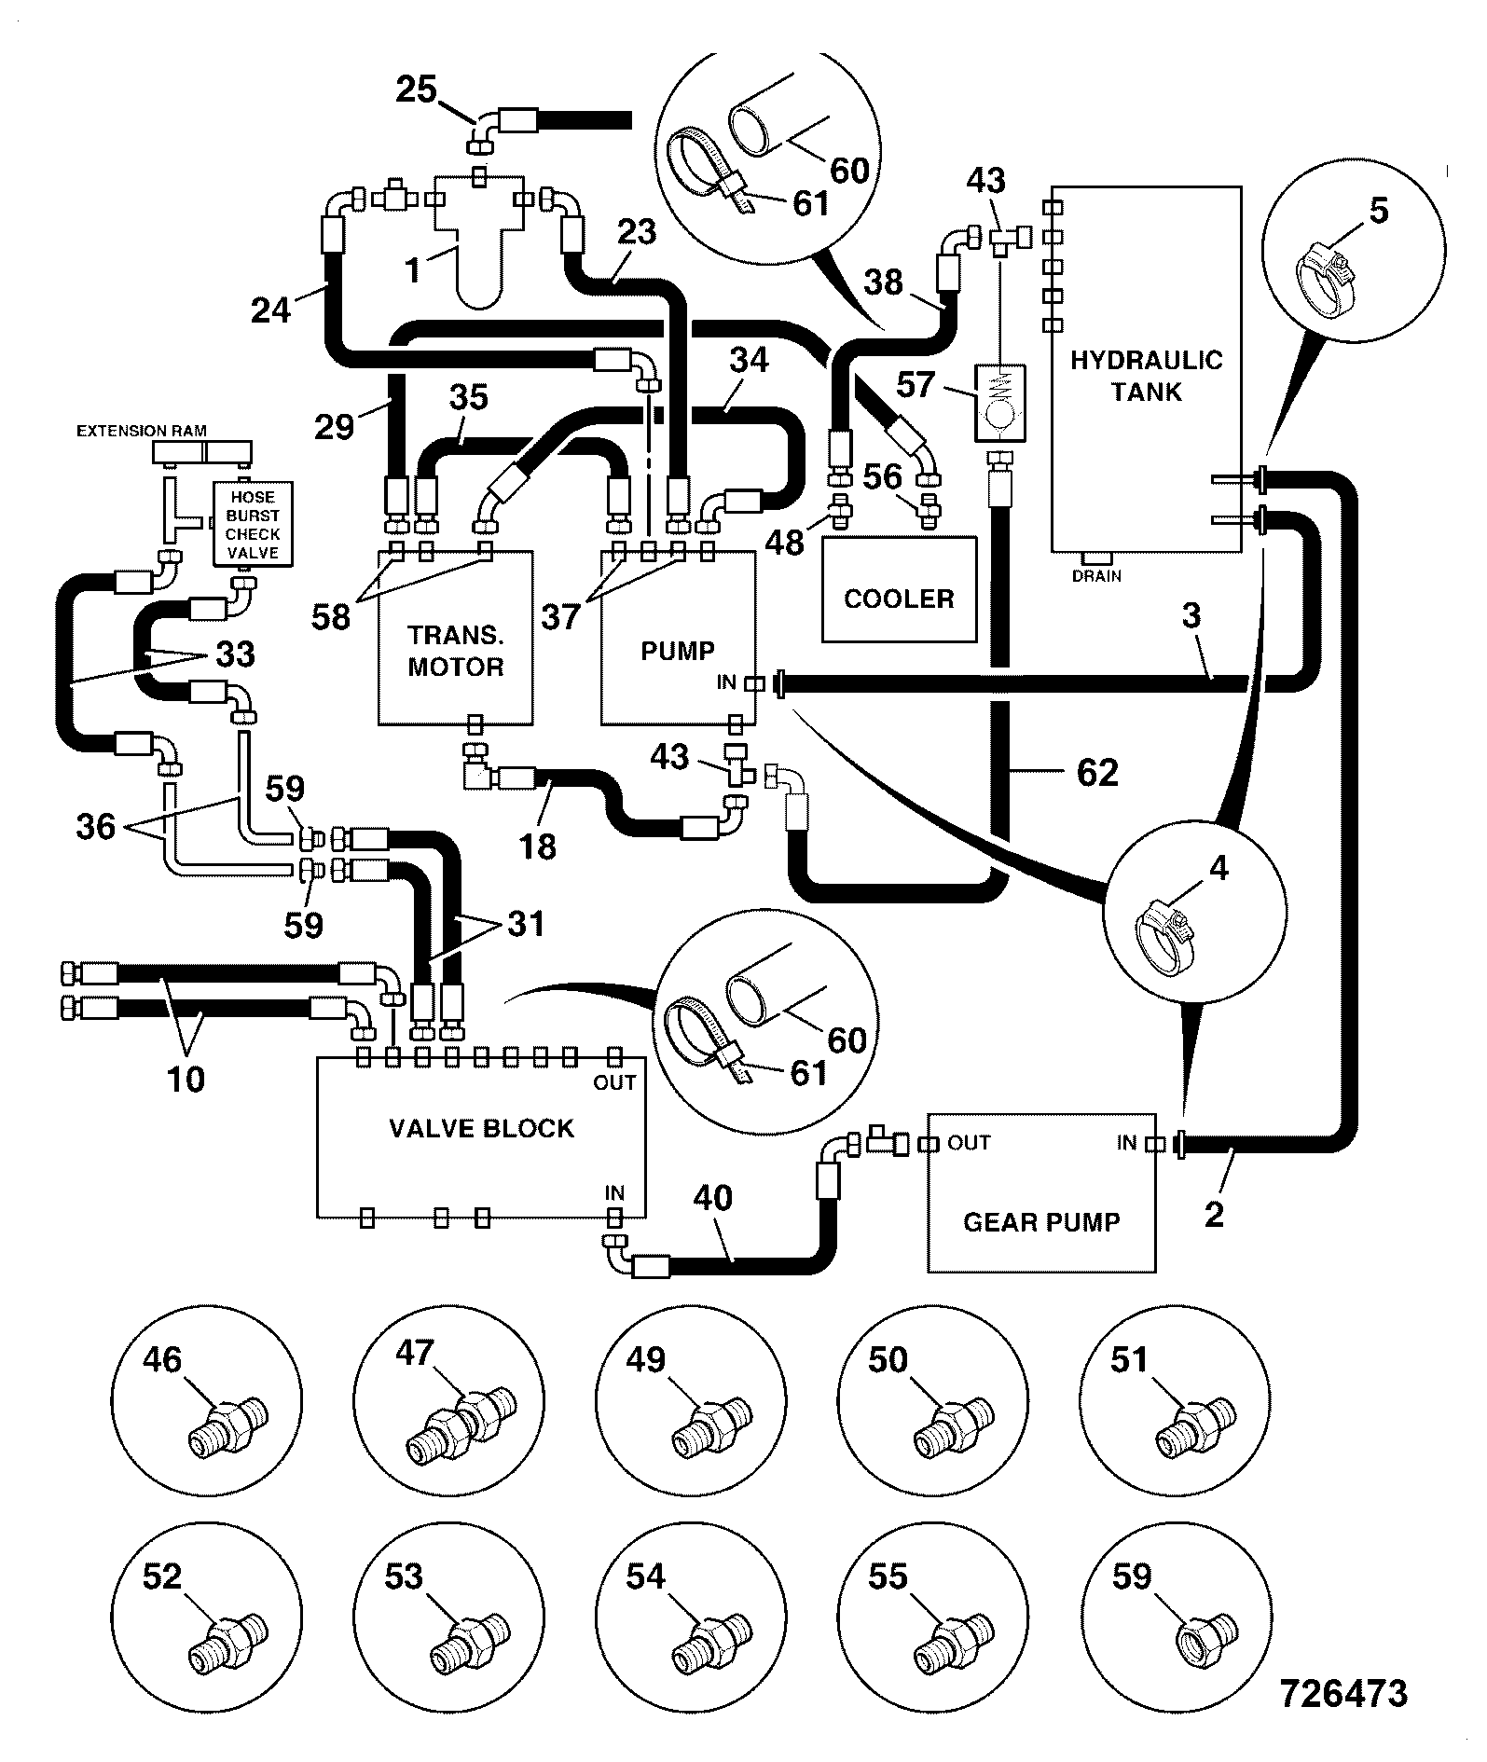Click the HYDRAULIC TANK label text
click(1146, 376)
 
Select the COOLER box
click(899, 589)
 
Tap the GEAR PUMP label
click(1041, 1221)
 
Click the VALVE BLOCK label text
click(481, 1128)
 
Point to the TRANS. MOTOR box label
click(456, 651)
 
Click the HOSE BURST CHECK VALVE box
click(253, 524)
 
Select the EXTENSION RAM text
click(142, 431)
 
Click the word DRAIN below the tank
click(1096, 576)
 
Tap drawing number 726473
click(1343, 1693)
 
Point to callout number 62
click(1096, 772)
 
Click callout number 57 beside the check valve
click(916, 384)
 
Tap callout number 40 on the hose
click(713, 1197)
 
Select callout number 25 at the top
click(416, 90)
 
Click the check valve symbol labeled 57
click(998, 403)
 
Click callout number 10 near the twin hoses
click(186, 1079)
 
